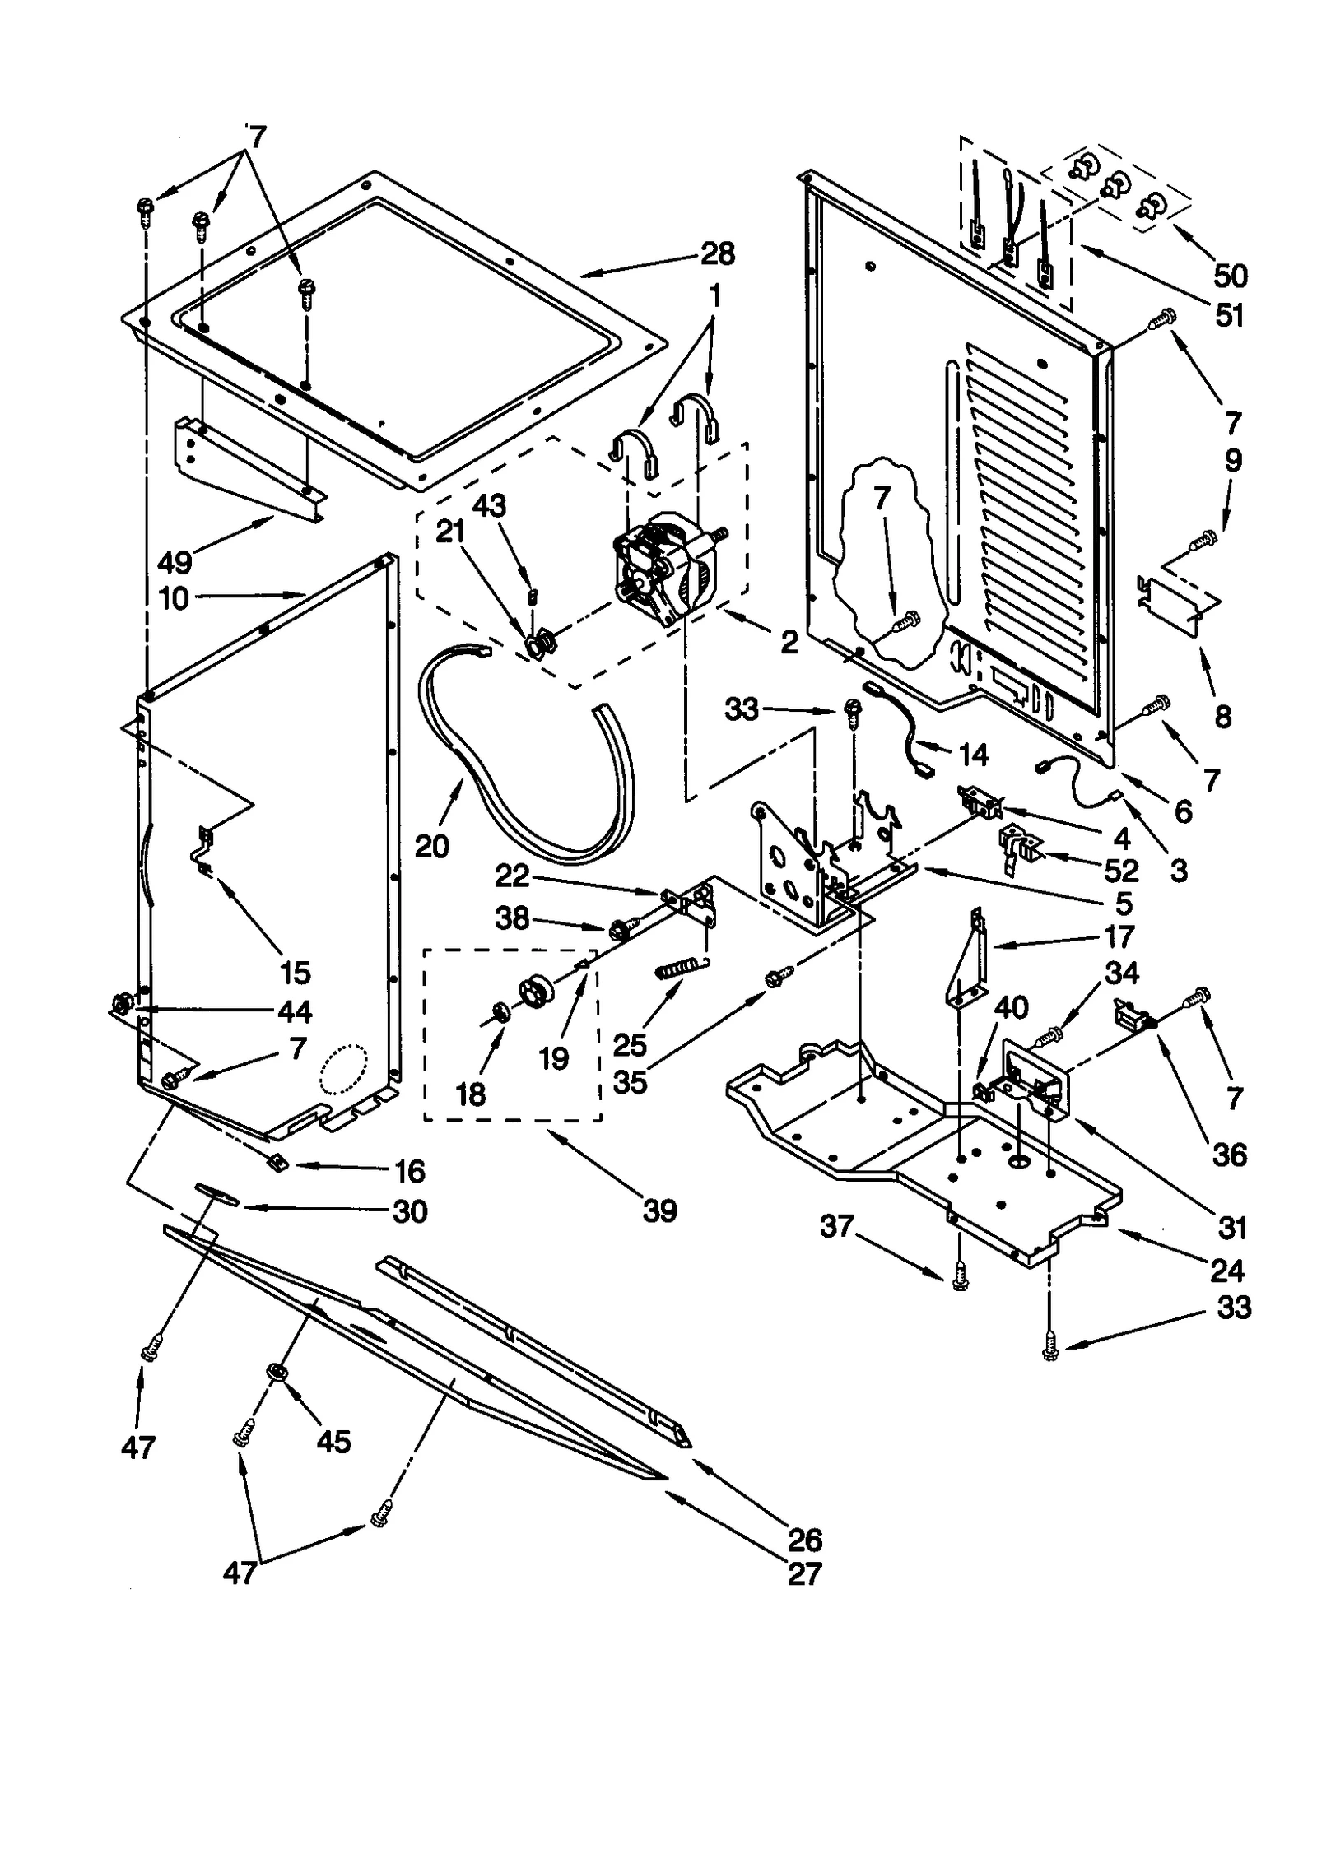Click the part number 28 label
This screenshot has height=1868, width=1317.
718,254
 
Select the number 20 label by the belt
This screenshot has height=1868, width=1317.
431,845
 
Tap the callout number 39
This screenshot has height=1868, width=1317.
659,1210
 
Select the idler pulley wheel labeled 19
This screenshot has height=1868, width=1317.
539,988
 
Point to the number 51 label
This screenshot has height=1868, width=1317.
1229,314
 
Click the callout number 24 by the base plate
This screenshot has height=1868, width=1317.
1226,1271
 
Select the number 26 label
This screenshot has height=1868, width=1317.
804,1538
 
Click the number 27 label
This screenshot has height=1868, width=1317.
804,1573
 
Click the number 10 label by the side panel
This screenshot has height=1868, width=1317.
174,598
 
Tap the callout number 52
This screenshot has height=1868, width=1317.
1121,871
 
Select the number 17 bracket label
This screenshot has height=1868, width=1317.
1119,936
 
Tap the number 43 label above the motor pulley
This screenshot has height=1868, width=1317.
489,505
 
